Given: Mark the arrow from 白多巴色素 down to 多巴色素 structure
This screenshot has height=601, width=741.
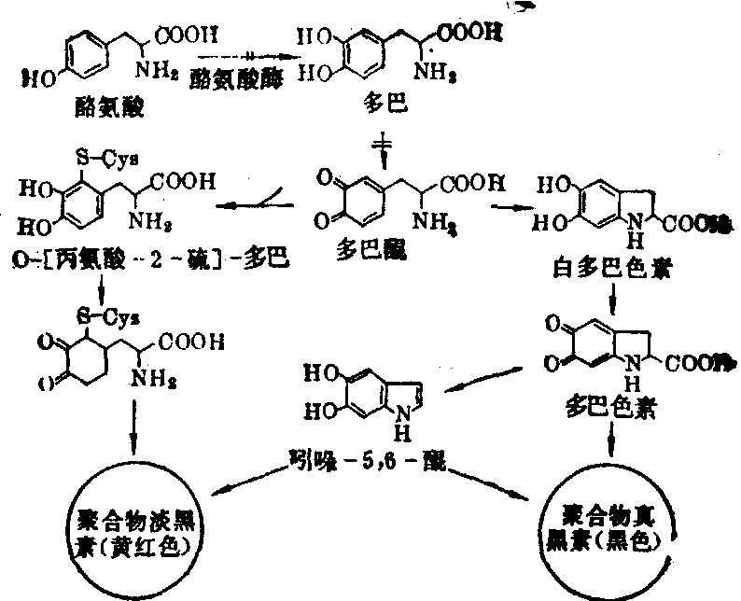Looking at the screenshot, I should point(611,299).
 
